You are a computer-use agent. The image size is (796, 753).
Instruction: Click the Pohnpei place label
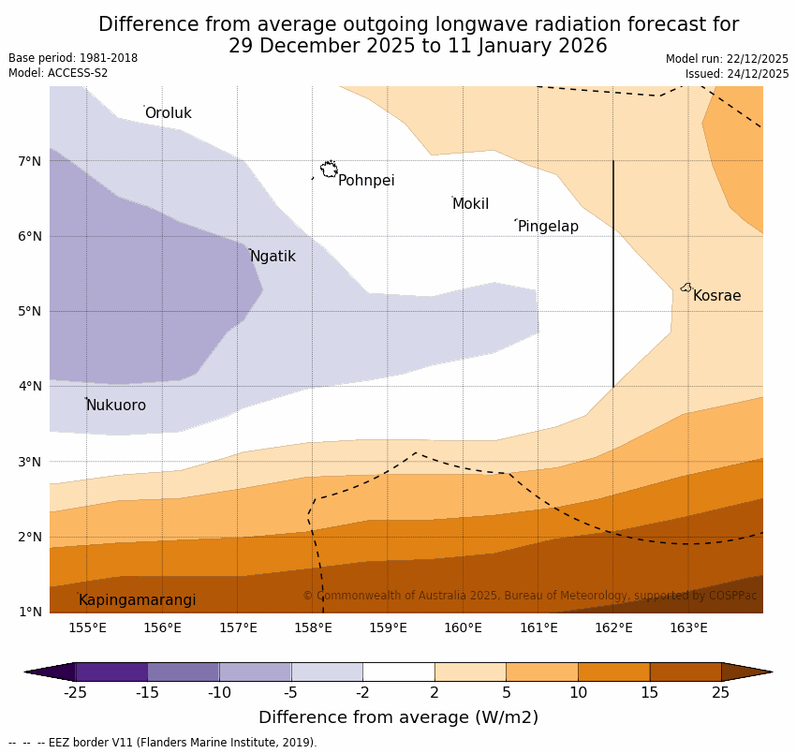click(x=366, y=181)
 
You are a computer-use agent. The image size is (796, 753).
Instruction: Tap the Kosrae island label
click(x=716, y=296)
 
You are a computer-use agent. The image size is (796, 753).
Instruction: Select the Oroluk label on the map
click(x=168, y=113)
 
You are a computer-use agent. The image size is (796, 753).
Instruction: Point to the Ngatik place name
click(x=273, y=257)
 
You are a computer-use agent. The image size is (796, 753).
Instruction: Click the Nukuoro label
click(x=116, y=406)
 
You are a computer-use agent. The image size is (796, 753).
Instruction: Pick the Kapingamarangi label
click(x=137, y=600)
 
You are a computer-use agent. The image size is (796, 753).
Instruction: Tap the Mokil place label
click(x=470, y=204)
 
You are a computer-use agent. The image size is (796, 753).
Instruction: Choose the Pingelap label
click(x=548, y=227)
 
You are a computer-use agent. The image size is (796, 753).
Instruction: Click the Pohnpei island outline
click(x=329, y=170)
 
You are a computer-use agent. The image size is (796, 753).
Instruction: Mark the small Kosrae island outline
click(x=686, y=288)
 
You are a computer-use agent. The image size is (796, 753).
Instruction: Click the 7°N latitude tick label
click(x=30, y=161)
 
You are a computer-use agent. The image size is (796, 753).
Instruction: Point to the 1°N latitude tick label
click(x=30, y=612)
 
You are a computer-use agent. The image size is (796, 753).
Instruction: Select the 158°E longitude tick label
click(x=313, y=628)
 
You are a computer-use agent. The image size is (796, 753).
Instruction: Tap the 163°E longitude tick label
click(x=688, y=628)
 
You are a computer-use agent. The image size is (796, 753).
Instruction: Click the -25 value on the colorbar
click(x=75, y=693)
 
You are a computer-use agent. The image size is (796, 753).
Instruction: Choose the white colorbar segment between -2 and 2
click(x=398, y=672)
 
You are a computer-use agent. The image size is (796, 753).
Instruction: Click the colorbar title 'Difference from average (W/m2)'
click(x=398, y=718)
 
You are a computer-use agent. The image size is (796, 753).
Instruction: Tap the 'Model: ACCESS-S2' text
click(x=58, y=73)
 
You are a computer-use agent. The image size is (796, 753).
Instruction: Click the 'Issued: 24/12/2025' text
click(x=736, y=74)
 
